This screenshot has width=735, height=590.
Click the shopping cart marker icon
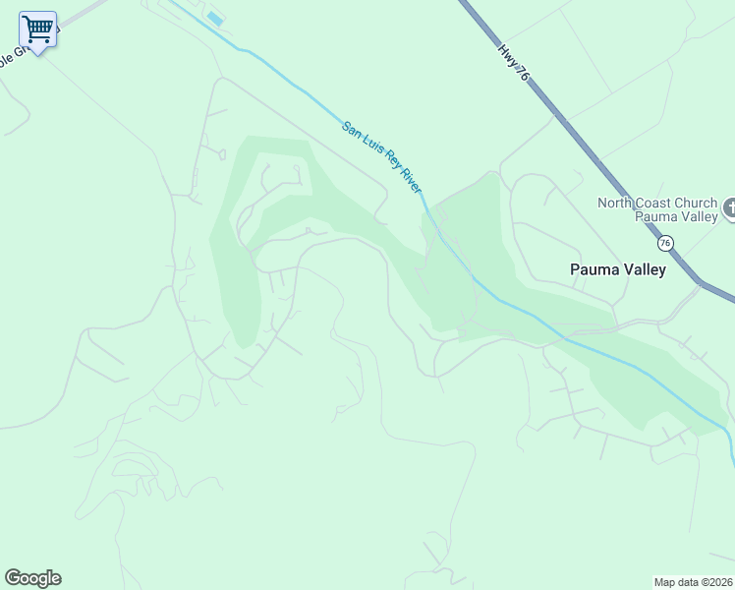click(x=37, y=30)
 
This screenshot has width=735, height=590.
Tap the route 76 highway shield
click(x=665, y=242)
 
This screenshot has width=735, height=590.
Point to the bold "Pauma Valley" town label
click(x=618, y=269)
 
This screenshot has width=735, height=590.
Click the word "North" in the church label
click(x=618, y=204)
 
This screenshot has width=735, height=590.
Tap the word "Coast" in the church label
click(x=660, y=204)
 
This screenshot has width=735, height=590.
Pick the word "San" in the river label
click(x=351, y=129)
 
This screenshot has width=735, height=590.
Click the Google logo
click(x=32, y=578)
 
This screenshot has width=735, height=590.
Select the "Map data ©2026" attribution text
click(x=693, y=582)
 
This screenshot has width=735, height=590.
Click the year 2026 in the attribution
click(x=717, y=582)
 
